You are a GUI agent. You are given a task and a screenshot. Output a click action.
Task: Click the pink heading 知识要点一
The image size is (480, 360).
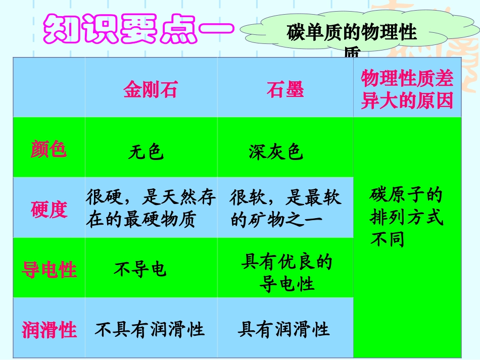click(137, 29)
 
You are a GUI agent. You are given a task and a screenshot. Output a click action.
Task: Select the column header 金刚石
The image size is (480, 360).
click(151, 89)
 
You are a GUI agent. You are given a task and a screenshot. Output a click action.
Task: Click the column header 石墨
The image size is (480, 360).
click(285, 89)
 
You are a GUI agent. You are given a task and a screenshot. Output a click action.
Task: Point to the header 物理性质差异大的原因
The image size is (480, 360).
click(407, 90)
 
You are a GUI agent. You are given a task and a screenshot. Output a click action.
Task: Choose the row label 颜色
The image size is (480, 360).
click(49, 149)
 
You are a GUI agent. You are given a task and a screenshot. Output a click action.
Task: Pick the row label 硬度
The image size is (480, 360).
click(49, 209)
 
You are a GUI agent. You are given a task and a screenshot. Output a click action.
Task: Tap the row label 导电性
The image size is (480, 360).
click(49, 270)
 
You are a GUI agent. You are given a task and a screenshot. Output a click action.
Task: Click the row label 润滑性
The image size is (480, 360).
click(49, 330)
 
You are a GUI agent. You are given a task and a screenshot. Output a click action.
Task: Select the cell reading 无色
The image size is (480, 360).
click(146, 151)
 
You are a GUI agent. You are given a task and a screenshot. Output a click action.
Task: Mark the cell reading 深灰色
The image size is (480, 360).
click(276, 151)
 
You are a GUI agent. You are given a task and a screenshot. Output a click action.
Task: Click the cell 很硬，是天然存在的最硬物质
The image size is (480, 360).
click(151, 208)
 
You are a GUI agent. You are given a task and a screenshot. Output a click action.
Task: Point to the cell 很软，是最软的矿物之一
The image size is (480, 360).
click(285, 208)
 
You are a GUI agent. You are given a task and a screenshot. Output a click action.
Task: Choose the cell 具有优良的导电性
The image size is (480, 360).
click(287, 273)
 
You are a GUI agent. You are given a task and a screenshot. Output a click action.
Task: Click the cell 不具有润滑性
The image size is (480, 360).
click(150, 330)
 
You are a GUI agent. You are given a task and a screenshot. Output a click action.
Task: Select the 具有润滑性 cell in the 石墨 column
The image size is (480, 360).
click(283, 330)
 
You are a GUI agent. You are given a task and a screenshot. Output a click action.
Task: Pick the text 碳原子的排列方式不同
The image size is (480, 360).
click(406, 217)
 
